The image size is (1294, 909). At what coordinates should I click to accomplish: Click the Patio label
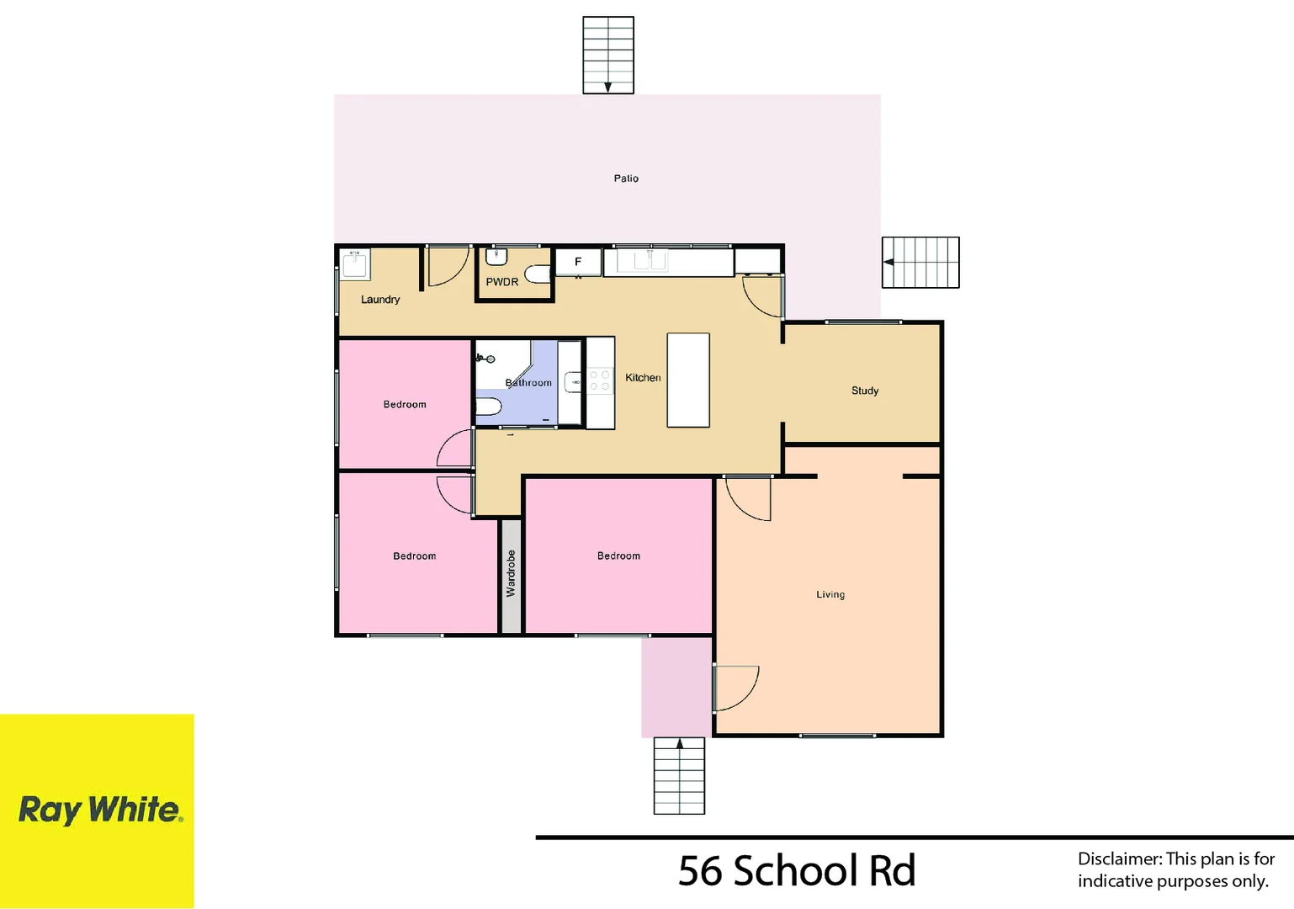point(626,178)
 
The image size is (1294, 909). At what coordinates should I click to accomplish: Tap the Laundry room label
point(380,300)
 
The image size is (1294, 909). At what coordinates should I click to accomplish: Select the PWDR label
point(502,282)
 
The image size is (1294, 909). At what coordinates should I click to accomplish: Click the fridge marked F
point(578,262)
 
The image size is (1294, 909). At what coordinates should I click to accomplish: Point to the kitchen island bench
point(688,380)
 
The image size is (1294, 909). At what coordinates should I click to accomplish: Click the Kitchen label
point(643,378)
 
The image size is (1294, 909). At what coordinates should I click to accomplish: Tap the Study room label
point(865,391)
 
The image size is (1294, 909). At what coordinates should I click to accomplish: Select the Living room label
point(830,594)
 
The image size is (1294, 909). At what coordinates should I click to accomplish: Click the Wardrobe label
point(511,574)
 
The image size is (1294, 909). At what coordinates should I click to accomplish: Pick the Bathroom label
point(528,383)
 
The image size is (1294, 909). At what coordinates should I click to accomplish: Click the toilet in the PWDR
point(538,274)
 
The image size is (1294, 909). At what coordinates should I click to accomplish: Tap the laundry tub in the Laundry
point(355,263)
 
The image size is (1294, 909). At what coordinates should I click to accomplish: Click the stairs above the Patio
point(608,55)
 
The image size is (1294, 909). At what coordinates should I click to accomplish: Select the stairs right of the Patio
point(920,263)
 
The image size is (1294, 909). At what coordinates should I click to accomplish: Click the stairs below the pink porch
point(679,776)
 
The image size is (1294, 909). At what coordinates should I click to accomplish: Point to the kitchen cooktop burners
point(599,380)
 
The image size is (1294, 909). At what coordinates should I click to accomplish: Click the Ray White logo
point(98,810)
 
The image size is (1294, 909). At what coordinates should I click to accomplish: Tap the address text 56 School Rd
point(797,870)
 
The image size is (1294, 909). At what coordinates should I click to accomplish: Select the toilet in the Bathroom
point(488,407)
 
